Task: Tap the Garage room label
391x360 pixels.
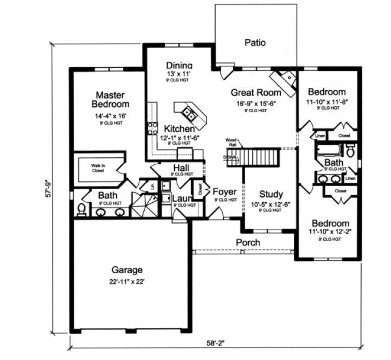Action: [127, 269]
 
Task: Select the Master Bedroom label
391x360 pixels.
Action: [111, 99]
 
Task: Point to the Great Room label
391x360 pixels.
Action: [256, 92]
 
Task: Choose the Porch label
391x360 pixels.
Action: [248, 242]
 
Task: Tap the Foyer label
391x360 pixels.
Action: [225, 192]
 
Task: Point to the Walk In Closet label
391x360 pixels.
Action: [98, 168]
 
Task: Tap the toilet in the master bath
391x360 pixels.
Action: [81, 209]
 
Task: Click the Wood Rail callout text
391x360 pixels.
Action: [233, 143]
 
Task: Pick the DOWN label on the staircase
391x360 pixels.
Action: [229, 158]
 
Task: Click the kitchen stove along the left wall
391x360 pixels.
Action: [150, 128]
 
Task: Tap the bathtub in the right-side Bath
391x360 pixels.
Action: [328, 150]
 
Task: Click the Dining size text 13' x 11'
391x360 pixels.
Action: [179, 73]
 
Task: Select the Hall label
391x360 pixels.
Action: [181, 168]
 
